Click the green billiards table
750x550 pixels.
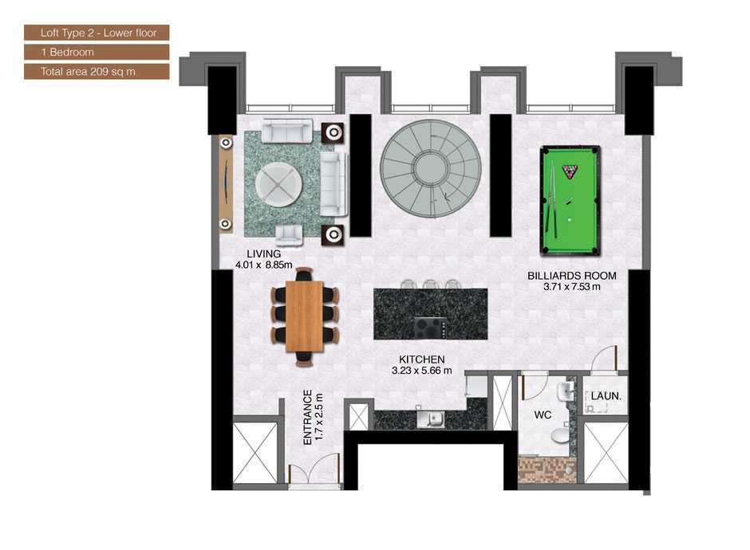[570, 200]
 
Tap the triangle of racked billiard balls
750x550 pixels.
[570, 171]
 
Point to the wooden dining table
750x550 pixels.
[304, 316]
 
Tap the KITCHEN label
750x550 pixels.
[423, 359]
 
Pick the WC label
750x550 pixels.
[543, 415]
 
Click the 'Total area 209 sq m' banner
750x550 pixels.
[97, 72]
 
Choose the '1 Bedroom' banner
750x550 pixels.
[97, 53]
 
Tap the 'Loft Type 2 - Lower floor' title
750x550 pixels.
[97, 33]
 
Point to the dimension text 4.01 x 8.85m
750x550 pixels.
[263, 264]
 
